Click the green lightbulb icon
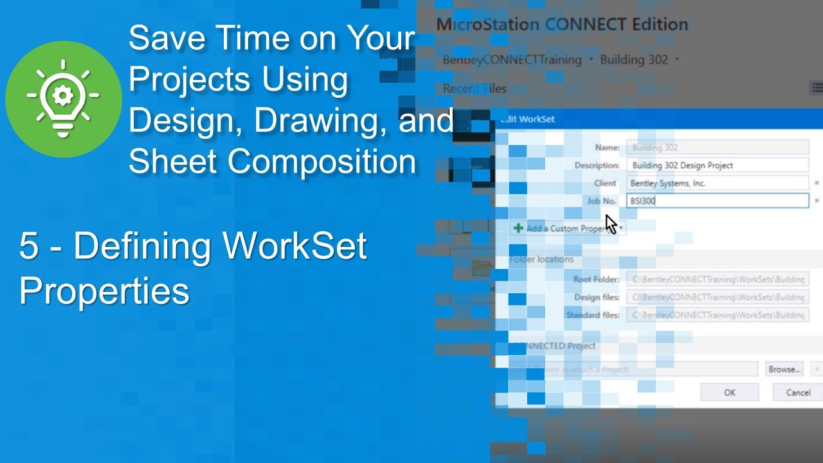(x=63, y=98)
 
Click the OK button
(x=729, y=392)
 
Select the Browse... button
(x=784, y=369)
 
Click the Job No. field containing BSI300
(x=717, y=201)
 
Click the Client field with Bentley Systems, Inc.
(x=717, y=183)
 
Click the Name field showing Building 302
(x=717, y=147)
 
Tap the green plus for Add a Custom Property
(x=518, y=228)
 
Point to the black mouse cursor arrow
(x=610, y=223)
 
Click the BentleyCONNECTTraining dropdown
(x=512, y=60)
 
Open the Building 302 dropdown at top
(x=639, y=60)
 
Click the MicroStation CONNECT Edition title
(x=562, y=25)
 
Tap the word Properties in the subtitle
(x=104, y=291)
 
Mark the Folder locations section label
(x=541, y=259)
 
